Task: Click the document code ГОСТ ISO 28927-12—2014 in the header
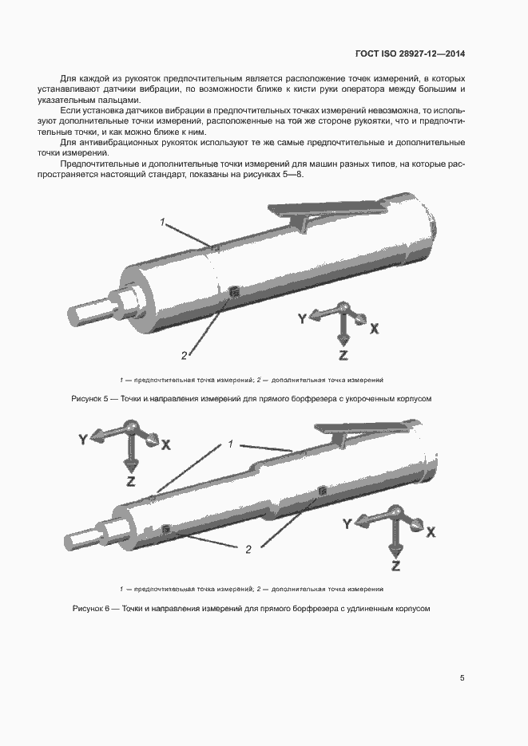[x=410, y=54]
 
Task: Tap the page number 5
[x=462, y=678]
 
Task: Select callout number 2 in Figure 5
[x=184, y=355]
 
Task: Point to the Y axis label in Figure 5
[x=302, y=318]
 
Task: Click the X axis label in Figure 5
[x=374, y=328]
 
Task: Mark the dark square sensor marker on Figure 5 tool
[x=233, y=293]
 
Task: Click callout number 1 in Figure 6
[x=230, y=444]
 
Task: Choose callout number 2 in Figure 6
[x=248, y=548]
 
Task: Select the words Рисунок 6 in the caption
[x=89, y=608]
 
